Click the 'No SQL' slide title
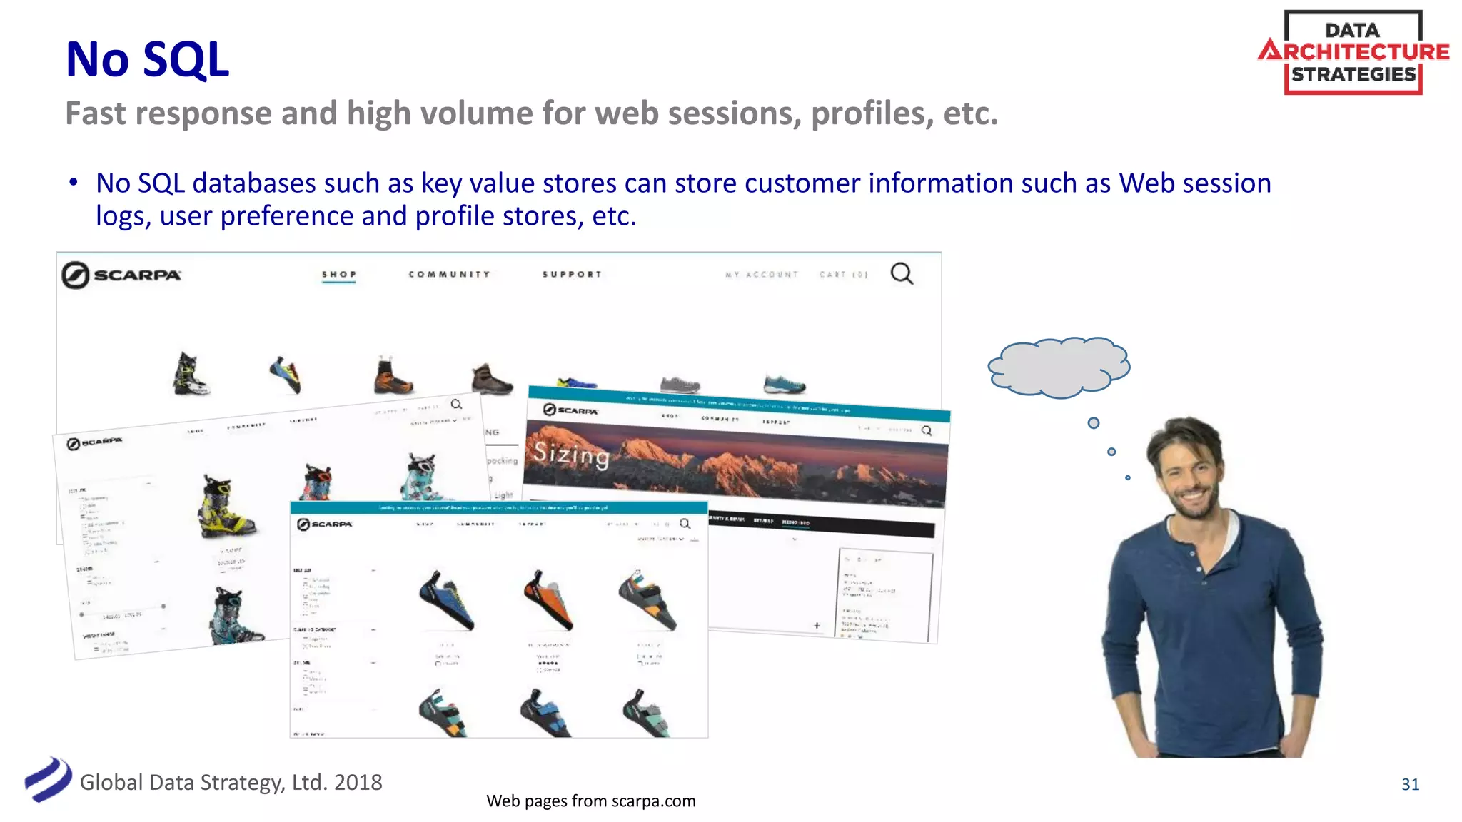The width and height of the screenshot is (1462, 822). tap(147, 59)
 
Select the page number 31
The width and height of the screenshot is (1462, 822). tap(1410, 784)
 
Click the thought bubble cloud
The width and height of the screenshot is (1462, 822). tap(1059, 367)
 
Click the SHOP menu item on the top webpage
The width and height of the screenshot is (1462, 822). tap(339, 275)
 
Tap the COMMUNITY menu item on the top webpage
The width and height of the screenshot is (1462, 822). tap(449, 275)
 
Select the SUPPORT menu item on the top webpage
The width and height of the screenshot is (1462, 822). tap(572, 275)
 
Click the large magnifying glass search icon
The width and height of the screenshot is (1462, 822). tap(902, 273)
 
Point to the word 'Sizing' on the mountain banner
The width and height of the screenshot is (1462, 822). tap(571, 454)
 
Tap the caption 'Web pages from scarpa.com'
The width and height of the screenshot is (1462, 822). tap(590, 801)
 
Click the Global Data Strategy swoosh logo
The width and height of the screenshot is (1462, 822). tap(48, 779)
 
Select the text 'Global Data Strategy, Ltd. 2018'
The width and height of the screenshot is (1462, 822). tap(231, 783)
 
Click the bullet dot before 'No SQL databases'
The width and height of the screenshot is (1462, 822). tap(74, 182)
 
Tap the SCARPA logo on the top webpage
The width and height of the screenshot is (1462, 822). tap(121, 275)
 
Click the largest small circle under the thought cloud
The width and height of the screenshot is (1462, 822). tap(1093, 423)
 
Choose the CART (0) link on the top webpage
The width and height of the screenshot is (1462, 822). tap(843, 275)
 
